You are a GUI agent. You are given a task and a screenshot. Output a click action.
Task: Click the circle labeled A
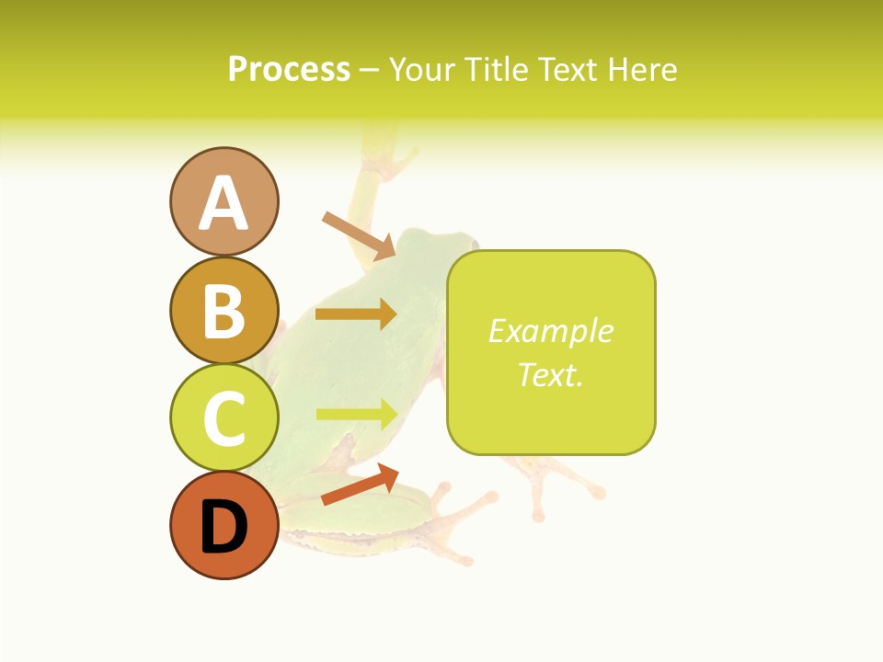pyautogui.click(x=224, y=201)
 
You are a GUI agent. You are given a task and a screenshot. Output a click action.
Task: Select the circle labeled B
pyautogui.click(x=224, y=311)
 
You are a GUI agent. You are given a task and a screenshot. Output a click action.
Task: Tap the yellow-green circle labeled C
pyautogui.click(x=224, y=417)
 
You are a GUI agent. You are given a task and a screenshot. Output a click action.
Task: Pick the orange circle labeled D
pyautogui.click(x=224, y=525)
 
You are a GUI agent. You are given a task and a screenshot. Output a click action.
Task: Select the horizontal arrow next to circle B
pyautogui.click(x=356, y=314)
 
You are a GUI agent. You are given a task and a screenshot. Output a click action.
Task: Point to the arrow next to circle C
pyautogui.click(x=357, y=414)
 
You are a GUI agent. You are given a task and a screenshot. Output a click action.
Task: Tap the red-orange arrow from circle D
pyautogui.click(x=360, y=485)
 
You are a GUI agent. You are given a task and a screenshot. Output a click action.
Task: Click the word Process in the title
pyautogui.click(x=289, y=69)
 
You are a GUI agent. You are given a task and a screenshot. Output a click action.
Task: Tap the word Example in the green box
pyautogui.click(x=551, y=331)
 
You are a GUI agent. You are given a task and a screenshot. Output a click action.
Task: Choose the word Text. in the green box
pyautogui.click(x=551, y=374)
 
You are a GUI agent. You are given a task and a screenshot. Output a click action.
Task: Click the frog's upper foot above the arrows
pyautogui.click(x=381, y=152)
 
